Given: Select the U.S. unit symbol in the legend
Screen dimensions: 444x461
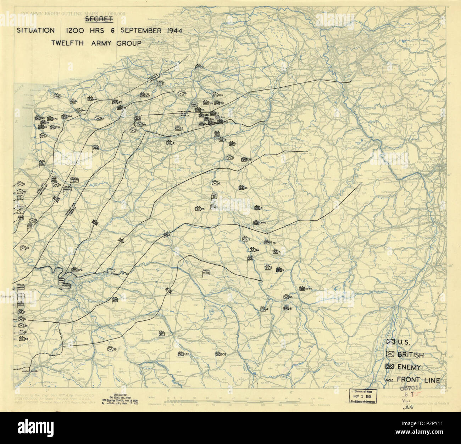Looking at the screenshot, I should point(390,342).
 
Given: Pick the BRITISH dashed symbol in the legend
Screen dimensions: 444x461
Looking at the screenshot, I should point(390,354).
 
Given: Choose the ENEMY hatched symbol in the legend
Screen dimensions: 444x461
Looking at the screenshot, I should point(390,366).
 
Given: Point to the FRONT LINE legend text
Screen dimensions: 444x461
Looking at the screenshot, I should point(418,380).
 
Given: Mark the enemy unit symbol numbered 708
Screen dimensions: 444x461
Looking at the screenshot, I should point(217,354).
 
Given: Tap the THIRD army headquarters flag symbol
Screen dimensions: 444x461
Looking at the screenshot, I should point(206,273).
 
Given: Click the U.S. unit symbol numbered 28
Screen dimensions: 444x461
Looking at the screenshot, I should point(198,209).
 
